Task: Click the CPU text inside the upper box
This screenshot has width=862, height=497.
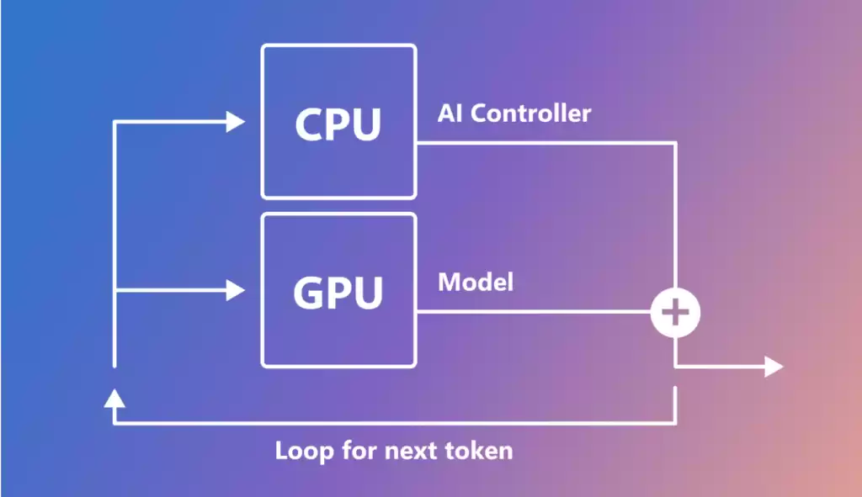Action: [x=338, y=124]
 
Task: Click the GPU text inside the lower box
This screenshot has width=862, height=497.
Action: [x=338, y=292]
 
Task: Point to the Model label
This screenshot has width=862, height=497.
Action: [x=475, y=282]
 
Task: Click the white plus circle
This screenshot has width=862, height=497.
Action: [x=675, y=313]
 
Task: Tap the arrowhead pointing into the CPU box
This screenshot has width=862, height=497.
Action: [x=235, y=122]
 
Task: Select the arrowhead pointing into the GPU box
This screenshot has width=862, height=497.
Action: [x=235, y=291]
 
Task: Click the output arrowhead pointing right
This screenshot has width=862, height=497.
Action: [x=773, y=367]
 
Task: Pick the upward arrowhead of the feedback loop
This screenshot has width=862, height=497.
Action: [x=114, y=396]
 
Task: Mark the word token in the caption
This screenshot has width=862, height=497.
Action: [x=480, y=451]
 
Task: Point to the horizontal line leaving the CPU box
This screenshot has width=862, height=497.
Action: [x=547, y=143]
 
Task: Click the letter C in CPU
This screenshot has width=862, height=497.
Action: [x=309, y=124]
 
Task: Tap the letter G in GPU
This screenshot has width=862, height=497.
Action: [x=308, y=292]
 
